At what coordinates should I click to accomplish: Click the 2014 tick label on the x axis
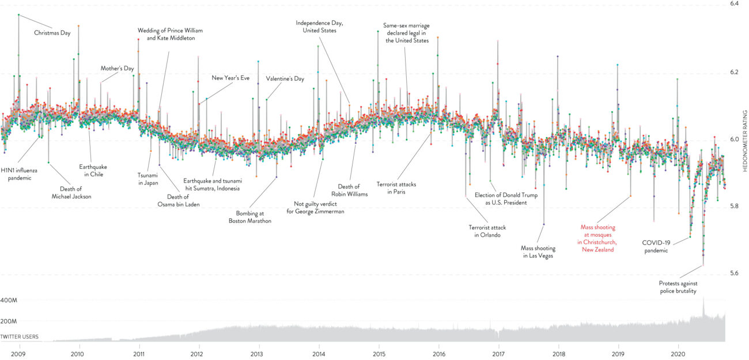(319, 354)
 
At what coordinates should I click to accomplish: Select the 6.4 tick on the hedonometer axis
(734, 5)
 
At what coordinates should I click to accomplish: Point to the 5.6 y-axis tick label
(734, 272)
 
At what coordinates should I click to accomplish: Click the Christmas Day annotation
(52, 33)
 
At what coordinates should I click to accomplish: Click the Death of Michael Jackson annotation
(75, 192)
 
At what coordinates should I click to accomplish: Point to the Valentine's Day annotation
(285, 78)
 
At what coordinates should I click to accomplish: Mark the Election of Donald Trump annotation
(506, 199)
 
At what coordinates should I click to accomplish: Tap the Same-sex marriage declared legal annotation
(407, 33)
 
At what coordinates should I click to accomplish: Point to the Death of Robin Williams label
(349, 190)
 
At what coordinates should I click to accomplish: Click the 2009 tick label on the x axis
(19, 354)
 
